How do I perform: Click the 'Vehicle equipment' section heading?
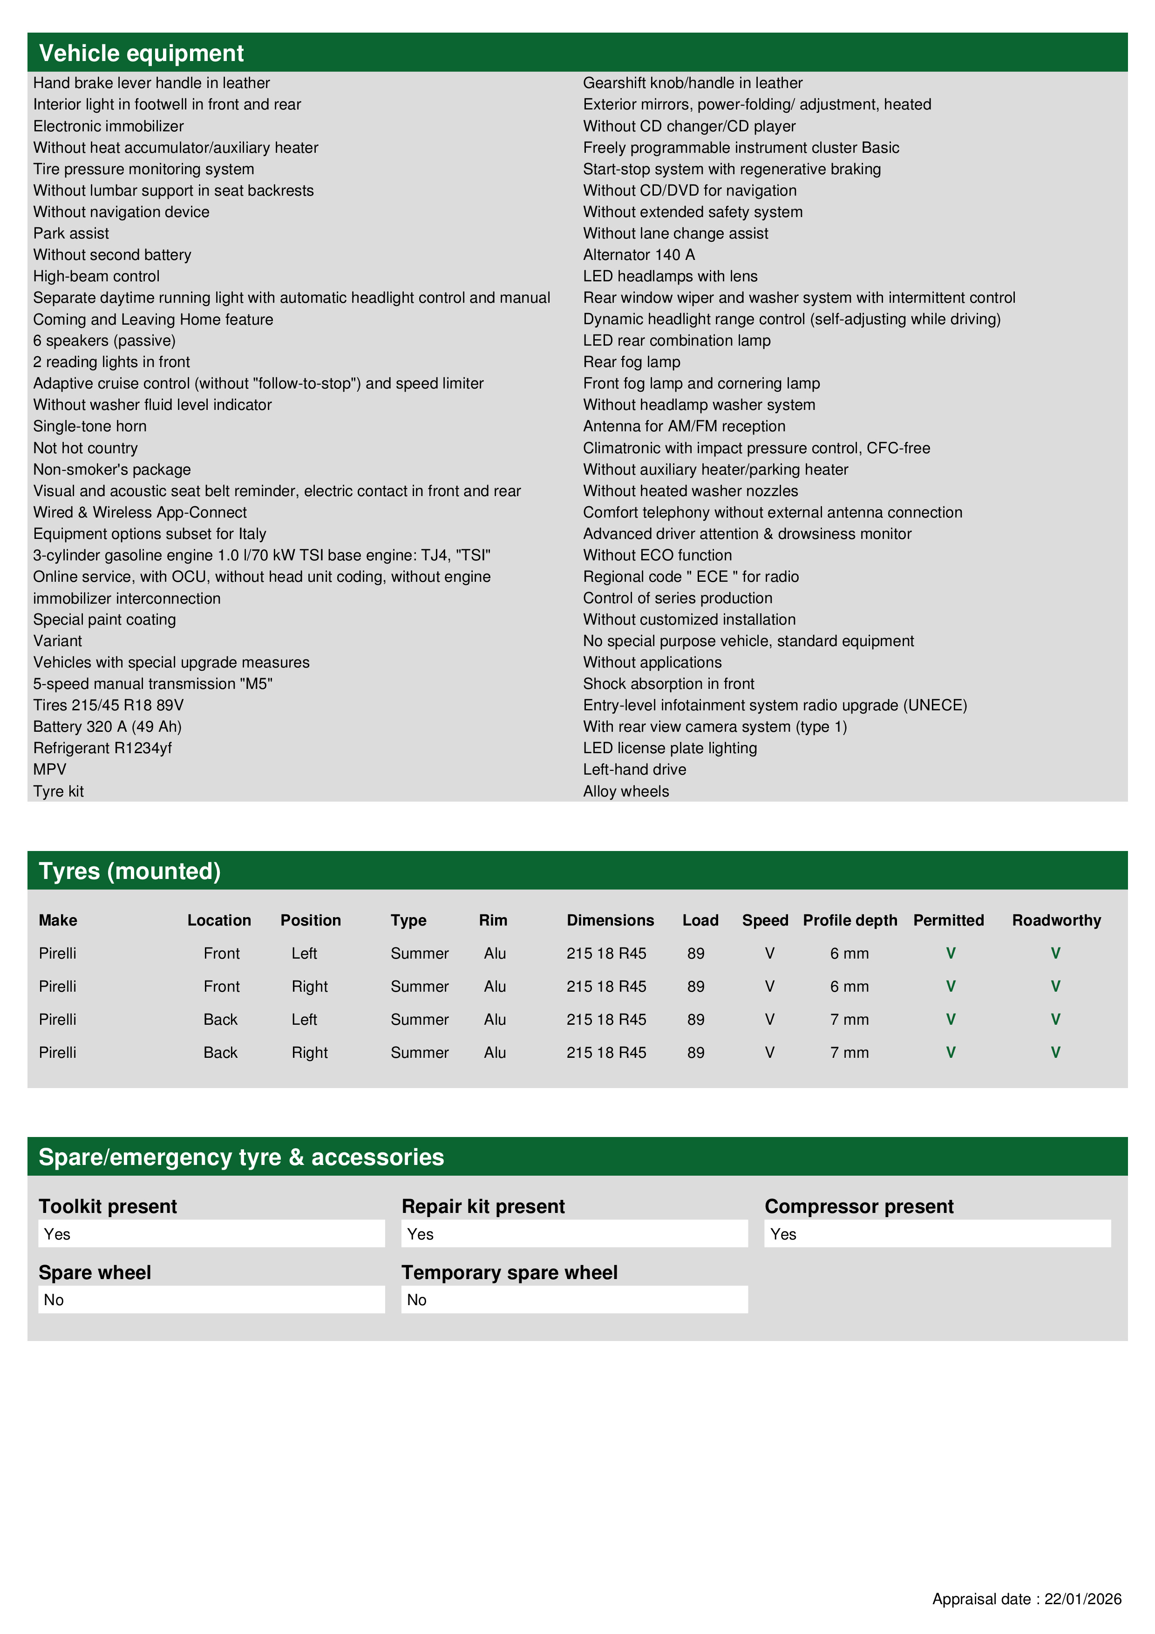click(141, 54)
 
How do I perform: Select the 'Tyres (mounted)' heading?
click(129, 871)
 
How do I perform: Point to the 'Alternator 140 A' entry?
click(639, 255)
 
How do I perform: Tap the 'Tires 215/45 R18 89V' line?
click(108, 705)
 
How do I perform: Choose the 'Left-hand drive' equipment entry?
click(634, 769)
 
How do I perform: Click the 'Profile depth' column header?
click(849, 920)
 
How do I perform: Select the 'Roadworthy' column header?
click(1056, 920)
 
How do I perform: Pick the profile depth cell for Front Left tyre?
click(849, 953)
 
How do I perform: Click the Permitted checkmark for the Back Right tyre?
click(950, 1053)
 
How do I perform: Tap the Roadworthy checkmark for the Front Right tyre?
click(1055, 987)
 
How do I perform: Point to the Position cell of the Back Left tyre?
click(304, 1020)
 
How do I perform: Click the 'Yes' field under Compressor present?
click(937, 1234)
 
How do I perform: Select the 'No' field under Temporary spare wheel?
click(574, 1300)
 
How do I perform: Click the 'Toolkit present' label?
click(108, 1207)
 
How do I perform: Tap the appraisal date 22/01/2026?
click(1082, 1599)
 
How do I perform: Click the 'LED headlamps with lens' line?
click(670, 276)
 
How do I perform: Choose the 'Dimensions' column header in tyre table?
click(610, 920)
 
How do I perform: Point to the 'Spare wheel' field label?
click(95, 1273)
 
